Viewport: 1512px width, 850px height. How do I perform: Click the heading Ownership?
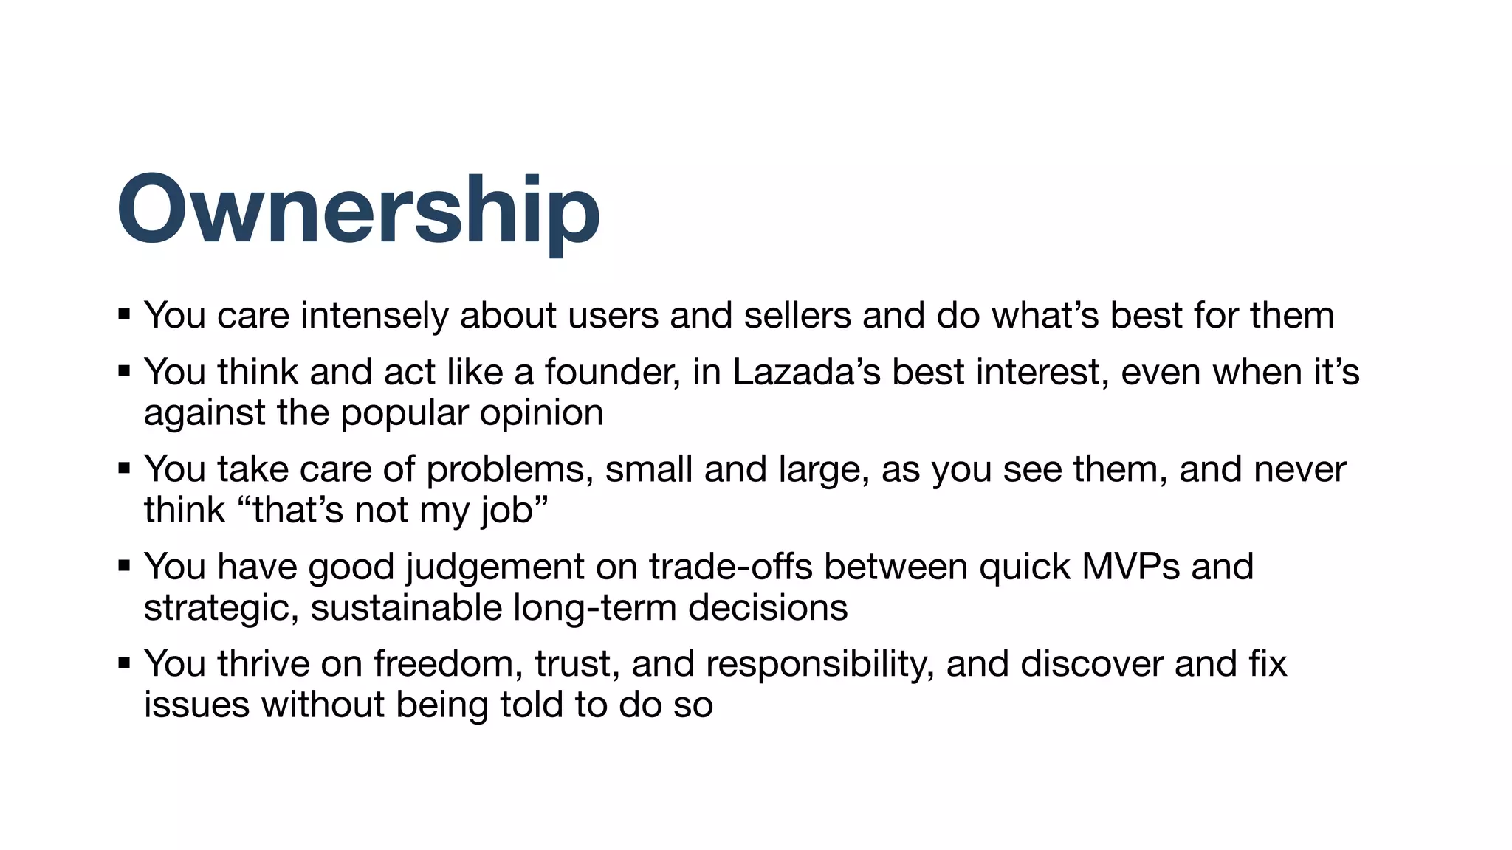(358, 210)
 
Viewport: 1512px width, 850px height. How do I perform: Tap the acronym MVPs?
(1131, 567)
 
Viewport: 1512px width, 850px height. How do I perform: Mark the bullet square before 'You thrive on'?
(124, 663)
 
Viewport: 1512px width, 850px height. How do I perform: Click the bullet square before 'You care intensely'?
(124, 315)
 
